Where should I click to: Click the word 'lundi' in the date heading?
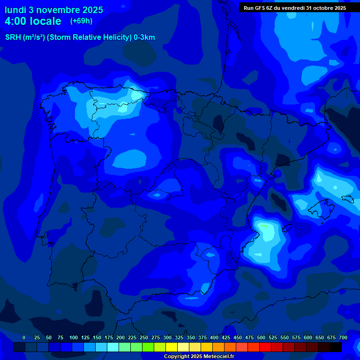click(x=15, y=10)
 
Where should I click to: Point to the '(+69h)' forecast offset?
click(x=81, y=21)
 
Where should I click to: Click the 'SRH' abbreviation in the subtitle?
click(x=13, y=37)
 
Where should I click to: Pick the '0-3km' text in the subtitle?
click(x=144, y=37)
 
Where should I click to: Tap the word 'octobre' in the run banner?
click(x=320, y=7)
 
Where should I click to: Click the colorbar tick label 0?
click(x=24, y=337)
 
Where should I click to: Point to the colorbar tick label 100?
click(x=74, y=337)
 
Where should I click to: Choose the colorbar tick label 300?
click(x=167, y=337)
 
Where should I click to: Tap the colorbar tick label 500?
click(x=261, y=337)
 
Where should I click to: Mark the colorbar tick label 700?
click(x=343, y=337)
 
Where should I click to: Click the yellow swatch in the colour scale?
click(x=172, y=347)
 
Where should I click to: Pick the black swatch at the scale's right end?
click(x=336, y=347)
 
